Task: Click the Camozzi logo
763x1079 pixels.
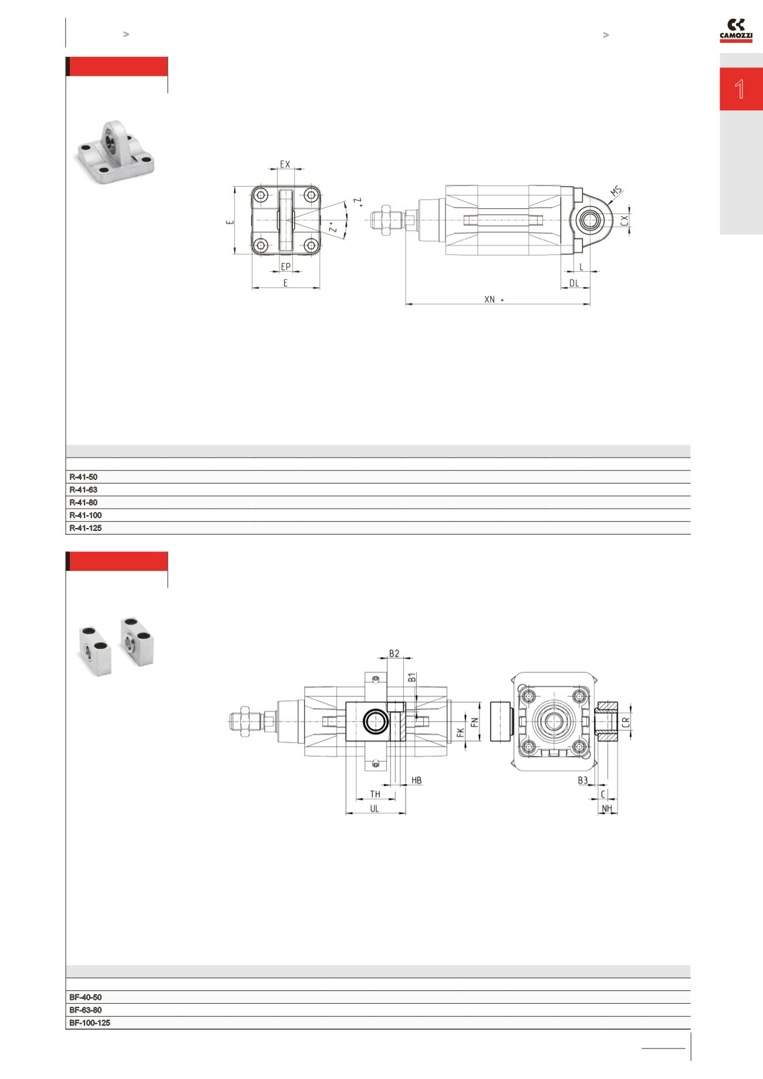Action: tap(736, 31)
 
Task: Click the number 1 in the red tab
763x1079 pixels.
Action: tap(740, 89)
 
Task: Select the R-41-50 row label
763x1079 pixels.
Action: tap(83, 477)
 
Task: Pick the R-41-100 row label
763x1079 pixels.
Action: tap(86, 515)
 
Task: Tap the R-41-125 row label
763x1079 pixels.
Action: tap(86, 528)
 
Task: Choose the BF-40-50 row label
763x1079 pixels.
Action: tap(86, 997)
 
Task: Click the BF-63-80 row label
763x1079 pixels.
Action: tap(86, 1010)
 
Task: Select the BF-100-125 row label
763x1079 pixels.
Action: tap(90, 1023)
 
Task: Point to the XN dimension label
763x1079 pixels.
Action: tap(490, 299)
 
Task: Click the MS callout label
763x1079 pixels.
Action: tap(615, 191)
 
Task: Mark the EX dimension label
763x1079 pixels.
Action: tap(285, 164)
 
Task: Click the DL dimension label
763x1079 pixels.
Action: tap(573, 283)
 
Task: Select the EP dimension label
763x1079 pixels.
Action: tap(286, 266)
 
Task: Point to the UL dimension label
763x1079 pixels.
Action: tap(374, 808)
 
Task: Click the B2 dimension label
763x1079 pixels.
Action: tap(394, 653)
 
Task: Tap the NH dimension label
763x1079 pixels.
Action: tap(607, 809)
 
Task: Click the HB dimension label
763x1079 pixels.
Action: tap(416, 780)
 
